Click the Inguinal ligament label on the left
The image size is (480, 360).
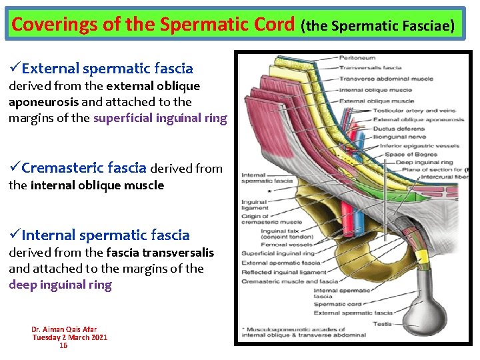pyautogui.click(x=254, y=205)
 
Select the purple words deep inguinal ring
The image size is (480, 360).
pyautogui.click(x=60, y=285)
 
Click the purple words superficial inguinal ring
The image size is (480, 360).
pyautogui.click(x=160, y=119)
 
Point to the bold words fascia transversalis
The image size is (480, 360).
pyautogui.click(x=167, y=252)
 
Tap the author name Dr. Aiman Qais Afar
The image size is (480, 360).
pyautogui.click(x=64, y=329)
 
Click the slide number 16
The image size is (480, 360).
pyautogui.click(x=63, y=345)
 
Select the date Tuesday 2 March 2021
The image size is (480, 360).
pyautogui.click(x=70, y=337)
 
